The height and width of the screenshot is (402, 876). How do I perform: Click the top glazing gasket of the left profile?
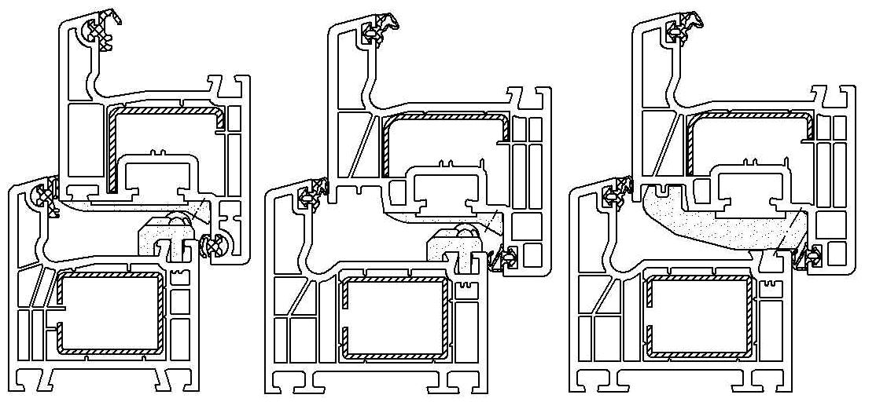coord(101,34)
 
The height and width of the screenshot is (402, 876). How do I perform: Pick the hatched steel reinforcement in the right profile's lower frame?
coord(696,277)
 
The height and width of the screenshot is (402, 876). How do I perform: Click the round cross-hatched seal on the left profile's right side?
coord(215,245)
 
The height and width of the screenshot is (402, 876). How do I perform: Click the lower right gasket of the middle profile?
coord(504,256)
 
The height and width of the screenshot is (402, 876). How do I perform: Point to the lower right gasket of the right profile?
coord(809,255)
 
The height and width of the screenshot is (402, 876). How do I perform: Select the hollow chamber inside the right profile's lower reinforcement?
coord(696,314)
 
